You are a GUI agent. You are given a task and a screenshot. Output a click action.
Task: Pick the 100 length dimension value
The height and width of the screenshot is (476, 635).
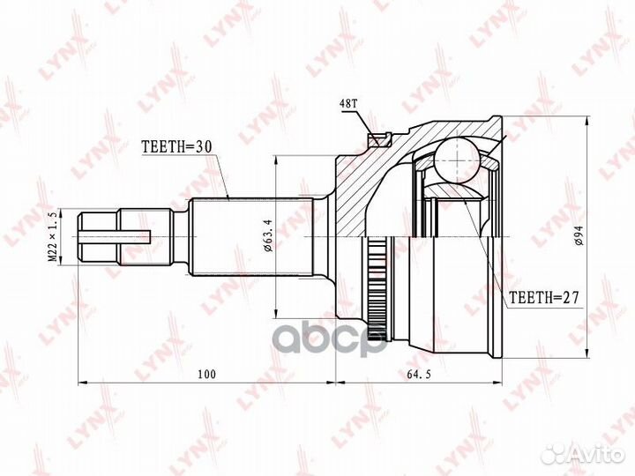pyautogui.click(x=205, y=375)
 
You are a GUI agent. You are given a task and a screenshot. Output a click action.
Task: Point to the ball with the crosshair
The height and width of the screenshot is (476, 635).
pyautogui.click(x=459, y=160)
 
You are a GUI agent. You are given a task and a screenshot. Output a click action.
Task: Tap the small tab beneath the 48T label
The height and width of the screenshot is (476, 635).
pyautogui.click(x=381, y=138)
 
